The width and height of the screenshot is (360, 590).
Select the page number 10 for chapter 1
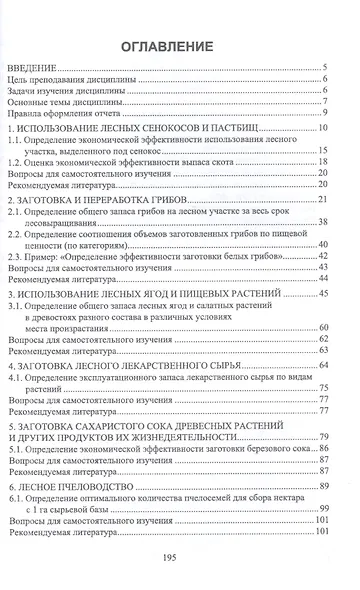(326, 129)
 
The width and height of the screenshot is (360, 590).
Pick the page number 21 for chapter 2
(326, 201)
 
